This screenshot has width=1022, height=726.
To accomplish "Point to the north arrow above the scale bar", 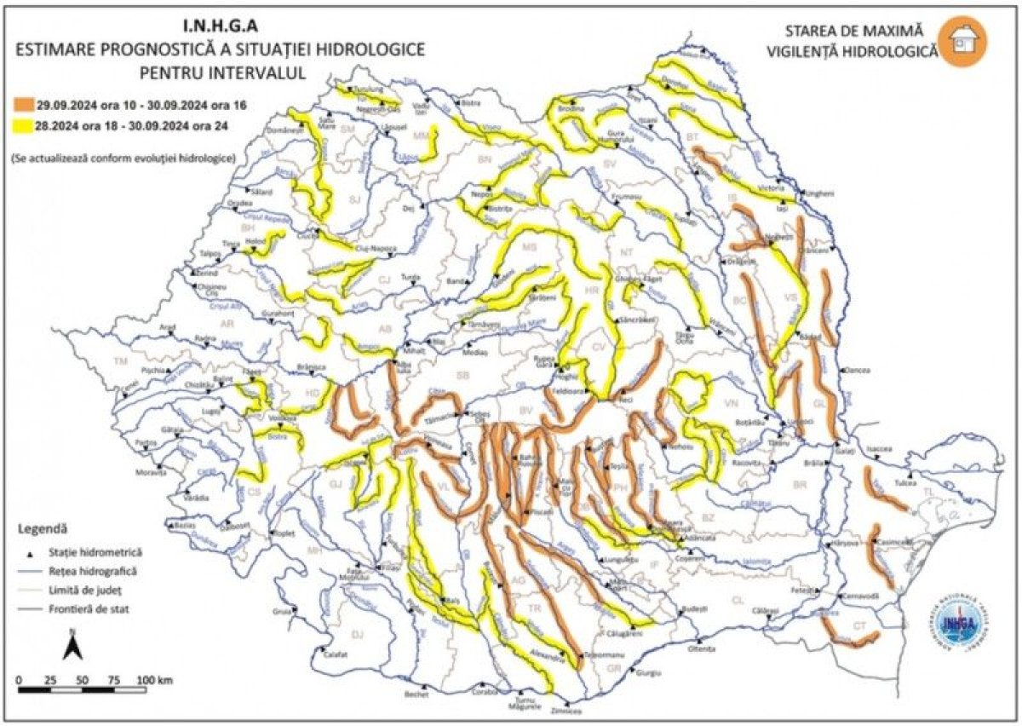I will [x=72, y=646].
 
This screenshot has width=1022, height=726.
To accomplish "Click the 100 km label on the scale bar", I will [x=155, y=680].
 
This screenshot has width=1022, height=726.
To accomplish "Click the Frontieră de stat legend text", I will [x=91, y=609].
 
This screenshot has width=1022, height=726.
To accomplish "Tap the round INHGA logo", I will [x=962, y=626].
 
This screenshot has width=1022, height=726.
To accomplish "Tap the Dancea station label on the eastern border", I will [x=858, y=372].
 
